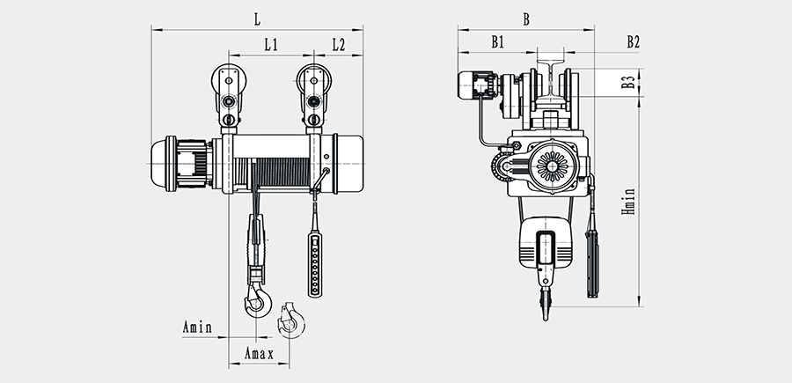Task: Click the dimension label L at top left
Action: [257, 18]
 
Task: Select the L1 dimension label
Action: [271, 44]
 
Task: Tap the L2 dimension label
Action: [339, 44]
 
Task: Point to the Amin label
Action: [197, 328]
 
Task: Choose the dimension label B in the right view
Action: [525, 18]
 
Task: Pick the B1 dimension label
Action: [497, 41]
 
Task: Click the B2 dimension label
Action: [632, 41]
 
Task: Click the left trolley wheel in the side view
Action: [229, 85]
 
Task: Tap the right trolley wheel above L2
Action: [314, 85]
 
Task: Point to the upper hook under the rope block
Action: [257, 297]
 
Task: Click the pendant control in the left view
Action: [314, 261]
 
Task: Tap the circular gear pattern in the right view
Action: [553, 166]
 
